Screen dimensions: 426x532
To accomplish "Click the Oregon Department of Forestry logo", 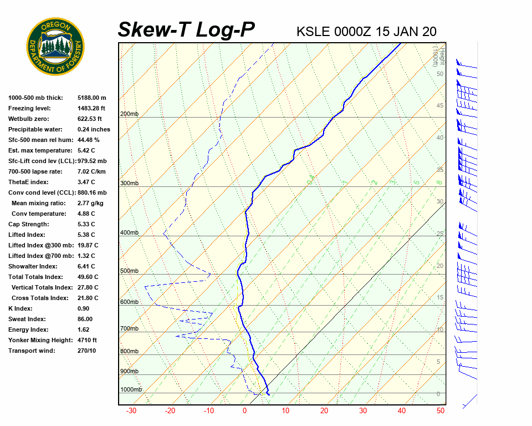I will [x=55, y=47].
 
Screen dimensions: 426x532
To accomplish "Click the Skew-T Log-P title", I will [x=186, y=30].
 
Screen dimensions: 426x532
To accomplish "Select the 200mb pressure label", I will [x=129, y=114].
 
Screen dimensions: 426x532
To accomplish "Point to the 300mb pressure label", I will [x=129, y=184].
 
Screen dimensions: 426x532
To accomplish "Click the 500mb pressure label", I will [x=129, y=271].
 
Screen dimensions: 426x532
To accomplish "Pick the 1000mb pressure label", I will [x=131, y=390].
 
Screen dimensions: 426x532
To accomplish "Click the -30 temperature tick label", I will [x=131, y=411].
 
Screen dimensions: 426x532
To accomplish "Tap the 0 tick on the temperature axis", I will [x=244, y=411].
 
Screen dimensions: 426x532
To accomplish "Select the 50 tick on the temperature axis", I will [x=441, y=411].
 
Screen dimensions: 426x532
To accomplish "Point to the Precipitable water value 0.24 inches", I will [x=94, y=129].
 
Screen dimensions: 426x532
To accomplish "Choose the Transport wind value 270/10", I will [x=86, y=351].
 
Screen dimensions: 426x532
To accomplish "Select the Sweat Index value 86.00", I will [x=85, y=319].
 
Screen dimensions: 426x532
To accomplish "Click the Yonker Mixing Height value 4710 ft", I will [x=87, y=340].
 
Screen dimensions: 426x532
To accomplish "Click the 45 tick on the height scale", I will [x=440, y=106].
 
